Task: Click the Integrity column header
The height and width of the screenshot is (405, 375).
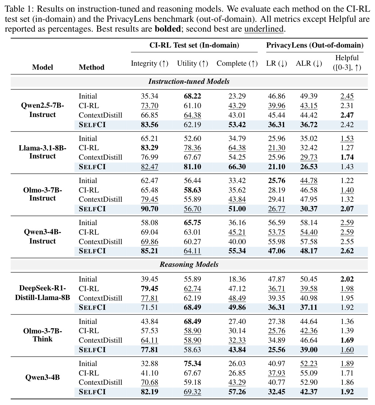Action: pos(150,64)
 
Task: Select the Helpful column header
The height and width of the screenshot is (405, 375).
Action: pos(347,62)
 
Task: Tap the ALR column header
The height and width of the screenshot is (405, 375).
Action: pos(309,64)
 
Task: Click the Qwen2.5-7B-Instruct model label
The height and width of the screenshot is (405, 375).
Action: pos(42,110)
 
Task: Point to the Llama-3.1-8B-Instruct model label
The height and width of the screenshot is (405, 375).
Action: pos(42,152)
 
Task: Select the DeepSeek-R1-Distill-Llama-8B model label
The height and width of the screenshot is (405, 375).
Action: pos(42,293)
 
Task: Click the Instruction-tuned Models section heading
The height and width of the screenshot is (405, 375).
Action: pos(189,81)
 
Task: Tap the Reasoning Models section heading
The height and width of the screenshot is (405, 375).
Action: pos(189,264)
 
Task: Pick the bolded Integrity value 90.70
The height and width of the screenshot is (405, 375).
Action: pos(150,209)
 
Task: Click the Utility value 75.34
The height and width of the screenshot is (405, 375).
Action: pos(192,364)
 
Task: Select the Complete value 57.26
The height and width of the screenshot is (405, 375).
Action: pos(237,392)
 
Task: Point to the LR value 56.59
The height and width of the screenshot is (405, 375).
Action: pos(276,223)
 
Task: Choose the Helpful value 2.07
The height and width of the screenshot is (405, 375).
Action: pos(347,209)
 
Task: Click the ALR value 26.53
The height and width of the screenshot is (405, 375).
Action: pos(309,167)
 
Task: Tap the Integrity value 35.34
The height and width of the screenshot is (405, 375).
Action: pos(150,96)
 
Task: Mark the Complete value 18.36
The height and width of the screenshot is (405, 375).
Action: pos(237,279)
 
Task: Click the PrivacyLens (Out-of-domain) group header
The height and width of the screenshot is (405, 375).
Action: pos(315,45)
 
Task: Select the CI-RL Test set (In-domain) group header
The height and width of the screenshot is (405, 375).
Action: pos(194,45)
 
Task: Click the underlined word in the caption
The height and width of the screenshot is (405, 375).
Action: pos(264,29)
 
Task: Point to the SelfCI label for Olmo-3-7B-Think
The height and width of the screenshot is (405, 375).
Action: pos(92,350)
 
